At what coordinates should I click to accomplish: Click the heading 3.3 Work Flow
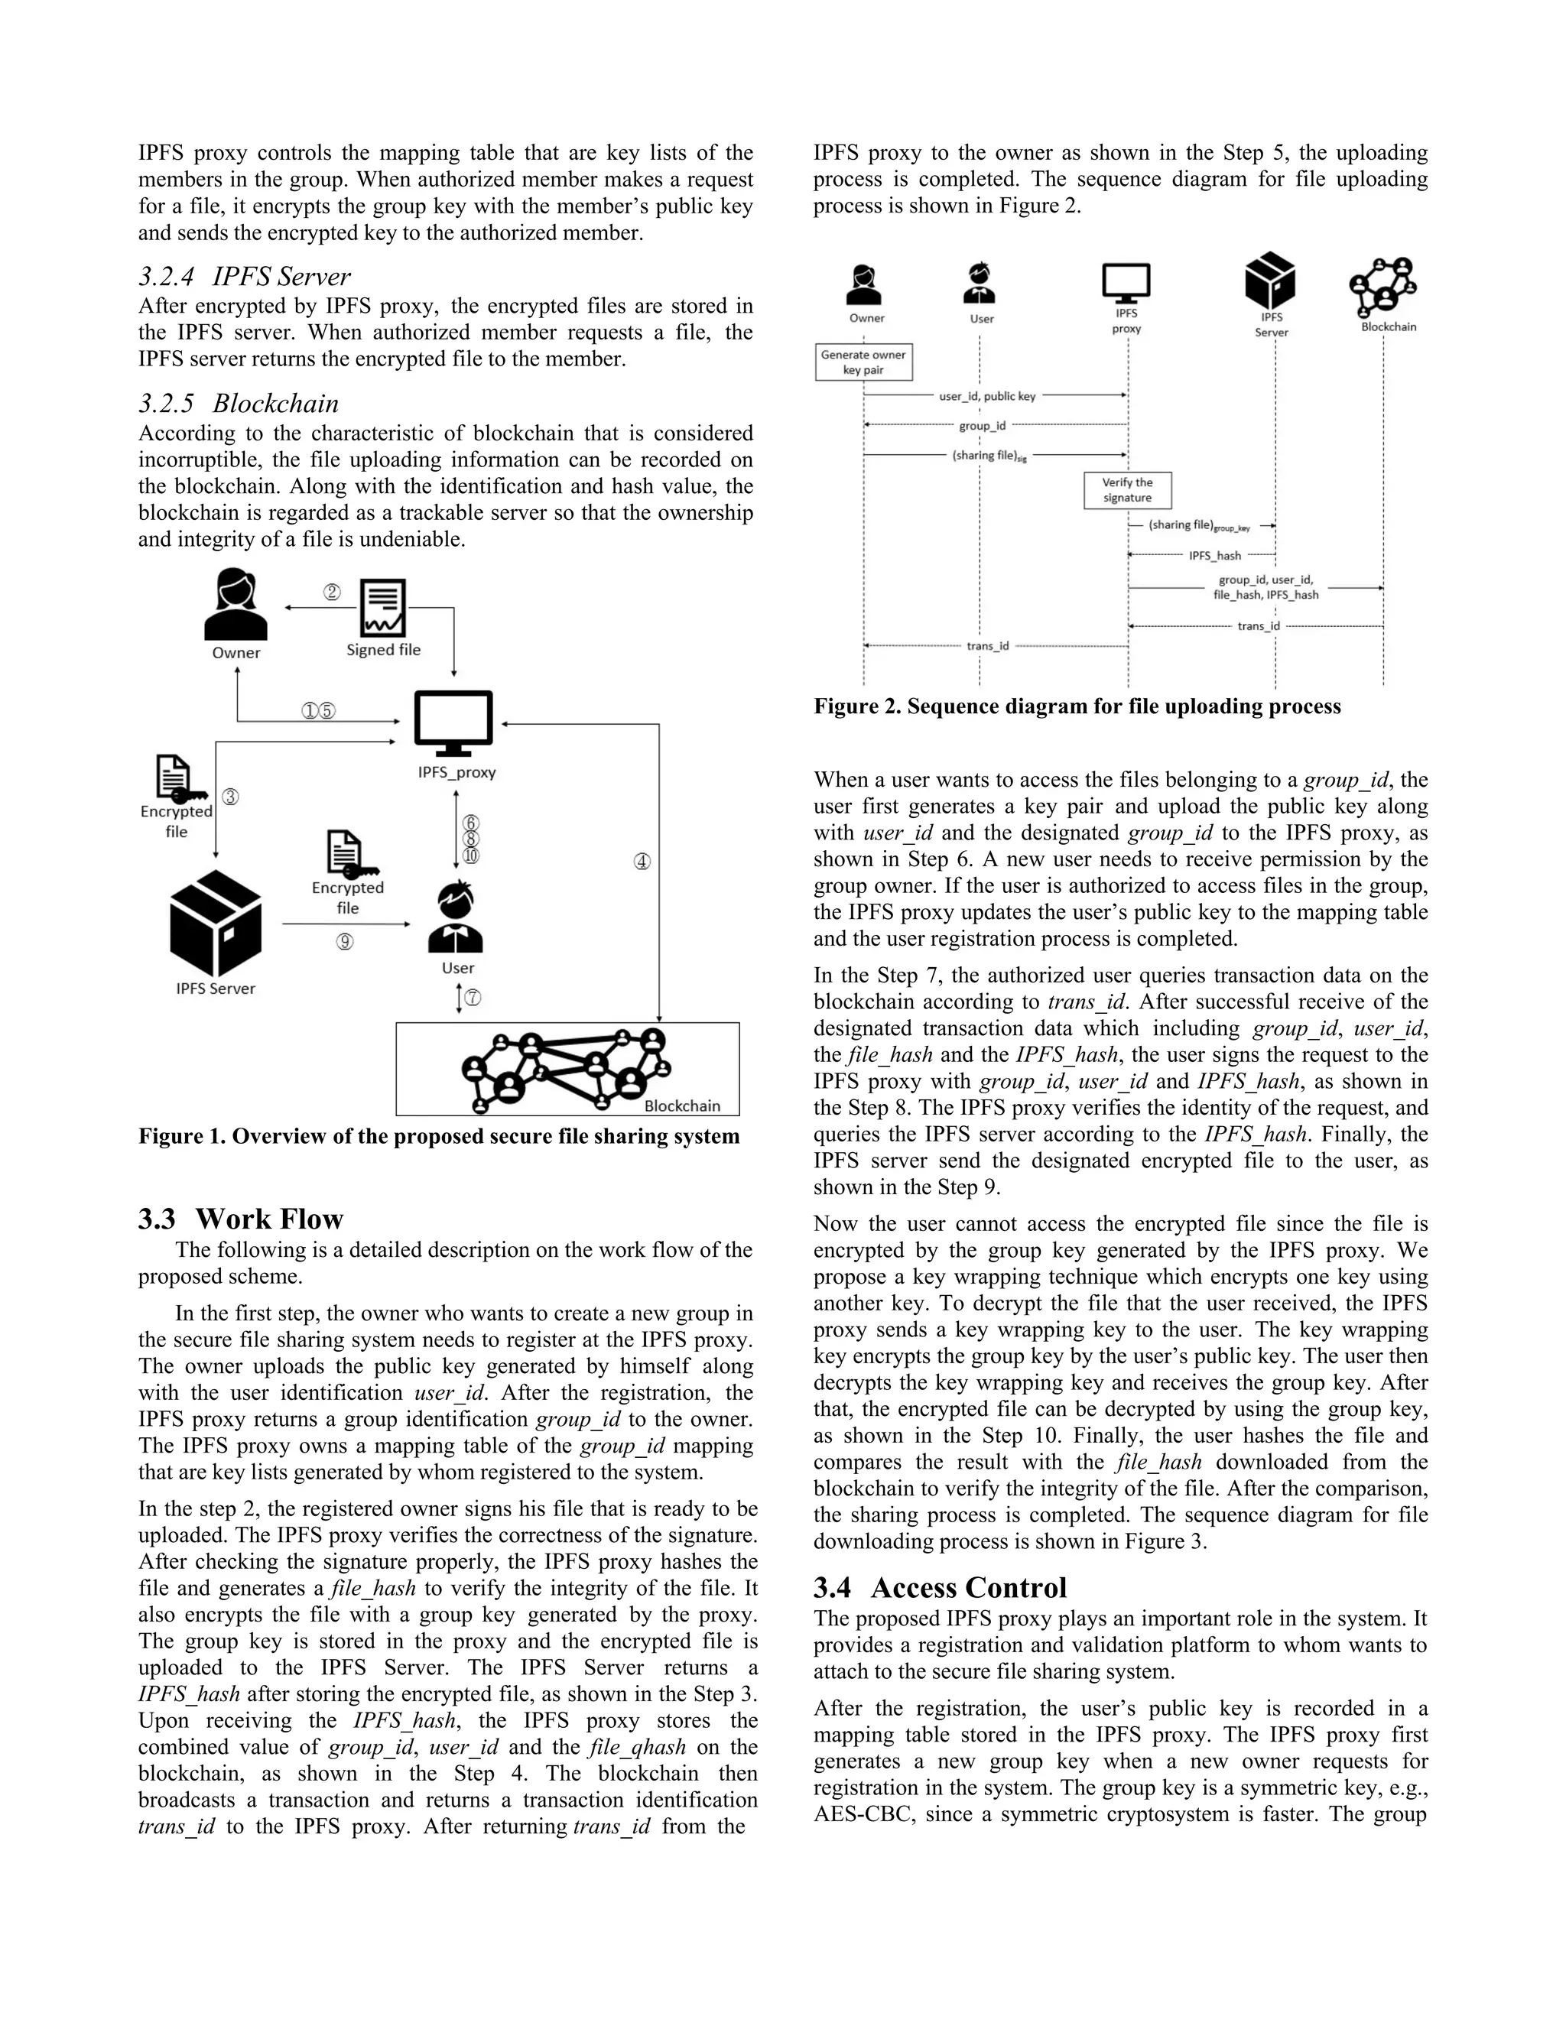click(241, 1218)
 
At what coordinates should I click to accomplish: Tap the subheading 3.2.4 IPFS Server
click(245, 277)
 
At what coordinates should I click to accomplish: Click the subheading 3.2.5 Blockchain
click(239, 404)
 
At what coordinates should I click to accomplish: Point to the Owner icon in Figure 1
click(236, 604)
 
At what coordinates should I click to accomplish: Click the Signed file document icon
click(383, 609)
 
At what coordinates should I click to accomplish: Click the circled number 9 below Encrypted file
click(345, 942)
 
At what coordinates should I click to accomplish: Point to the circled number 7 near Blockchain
click(473, 998)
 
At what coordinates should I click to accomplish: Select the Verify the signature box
click(1127, 490)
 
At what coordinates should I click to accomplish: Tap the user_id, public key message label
click(987, 396)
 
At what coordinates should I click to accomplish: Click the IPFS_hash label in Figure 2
click(1214, 556)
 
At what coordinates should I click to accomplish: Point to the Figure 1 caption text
click(439, 1136)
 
